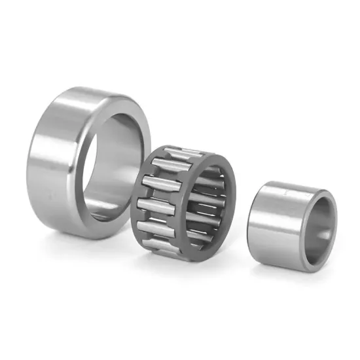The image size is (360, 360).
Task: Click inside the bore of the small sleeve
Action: [321, 226]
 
